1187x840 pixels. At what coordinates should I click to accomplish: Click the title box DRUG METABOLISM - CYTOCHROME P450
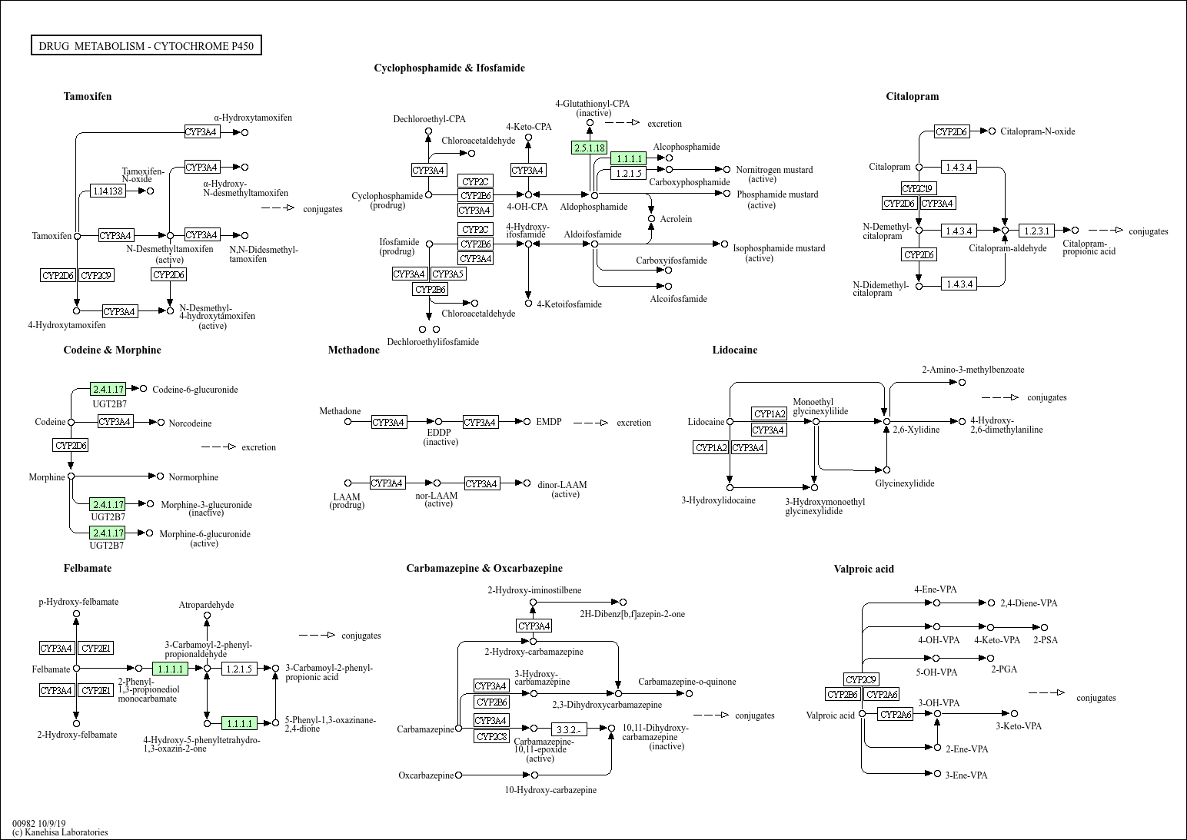pyautogui.click(x=146, y=45)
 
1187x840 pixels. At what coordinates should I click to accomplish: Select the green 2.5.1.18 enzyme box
pyautogui.click(x=589, y=148)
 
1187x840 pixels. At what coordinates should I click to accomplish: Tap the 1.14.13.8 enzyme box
pyautogui.click(x=108, y=191)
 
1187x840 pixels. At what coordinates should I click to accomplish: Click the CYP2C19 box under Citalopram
pyautogui.click(x=919, y=188)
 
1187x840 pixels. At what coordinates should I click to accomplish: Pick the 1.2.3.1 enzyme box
pyautogui.click(x=1036, y=231)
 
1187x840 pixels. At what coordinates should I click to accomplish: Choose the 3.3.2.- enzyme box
pyautogui.click(x=569, y=730)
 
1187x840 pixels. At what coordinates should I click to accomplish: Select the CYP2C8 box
pyautogui.click(x=492, y=737)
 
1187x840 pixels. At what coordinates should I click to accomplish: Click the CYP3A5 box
pyautogui.click(x=447, y=274)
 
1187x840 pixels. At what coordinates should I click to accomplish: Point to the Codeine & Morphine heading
pyautogui.click(x=112, y=350)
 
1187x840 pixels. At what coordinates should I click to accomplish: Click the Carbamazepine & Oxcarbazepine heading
pyautogui.click(x=484, y=568)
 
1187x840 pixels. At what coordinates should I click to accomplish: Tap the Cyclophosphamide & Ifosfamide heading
pyautogui.click(x=450, y=68)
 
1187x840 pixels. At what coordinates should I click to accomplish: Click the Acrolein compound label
pyautogui.click(x=677, y=219)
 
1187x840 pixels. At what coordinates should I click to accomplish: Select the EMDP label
pyautogui.click(x=549, y=422)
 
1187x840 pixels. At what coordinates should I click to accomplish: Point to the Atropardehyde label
pyautogui.click(x=206, y=605)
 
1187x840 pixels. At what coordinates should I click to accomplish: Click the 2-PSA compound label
pyautogui.click(x=1046, y=639)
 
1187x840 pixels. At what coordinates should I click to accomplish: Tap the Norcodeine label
pyautogui.click(x=190, y=423)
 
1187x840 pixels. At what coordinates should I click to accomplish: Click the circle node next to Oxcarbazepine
pyautogui.click(x=458, y=775)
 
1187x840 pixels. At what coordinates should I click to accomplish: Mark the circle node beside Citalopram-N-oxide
pyautogui.click(x=992, y=131)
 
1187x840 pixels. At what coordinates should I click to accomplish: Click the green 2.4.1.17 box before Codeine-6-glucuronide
pyautogui.click(x=108, y=390)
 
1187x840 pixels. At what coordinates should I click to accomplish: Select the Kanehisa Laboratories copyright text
pyautogui.click(x=60, y=832)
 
